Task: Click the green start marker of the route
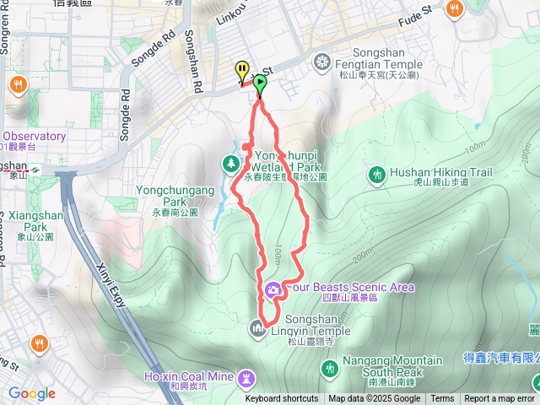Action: (x=260, y=84)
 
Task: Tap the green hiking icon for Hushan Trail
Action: (x=377, y=174)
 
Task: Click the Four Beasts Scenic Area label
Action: (x=351, y=288)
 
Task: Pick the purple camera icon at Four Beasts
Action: (x=273, y=290)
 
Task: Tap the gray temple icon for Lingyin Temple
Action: (x=258, y=327)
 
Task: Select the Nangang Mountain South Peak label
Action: (x=393, y=366)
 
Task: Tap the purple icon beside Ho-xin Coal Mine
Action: (x=246, y=376)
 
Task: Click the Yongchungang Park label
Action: (x=175, y=197)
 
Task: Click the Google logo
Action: (x=32, y=393)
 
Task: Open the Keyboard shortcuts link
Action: (x=282, y=399)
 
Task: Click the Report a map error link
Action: (x=499, y=399)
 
